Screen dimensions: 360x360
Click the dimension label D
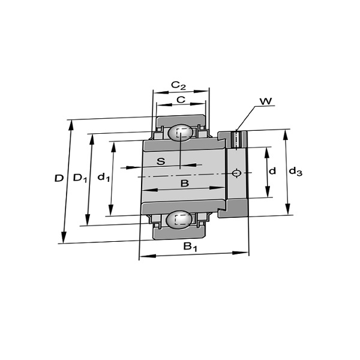click(x=59, y=178)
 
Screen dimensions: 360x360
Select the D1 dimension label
click(x=80, y=178)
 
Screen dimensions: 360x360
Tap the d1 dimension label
click(x=103, y=177)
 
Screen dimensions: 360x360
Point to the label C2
click(x=178, y=85)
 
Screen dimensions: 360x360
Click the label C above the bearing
click(x=181, y=100)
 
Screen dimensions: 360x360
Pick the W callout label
click(x=266, y=101)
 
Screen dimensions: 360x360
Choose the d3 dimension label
click(x=295, y=171)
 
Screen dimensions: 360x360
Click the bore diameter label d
click(x=272, y=171)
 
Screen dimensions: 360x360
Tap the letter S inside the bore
click(x=161, y=161)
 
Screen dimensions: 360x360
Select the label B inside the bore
click(x=185, y=184)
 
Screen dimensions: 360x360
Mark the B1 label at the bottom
click(x=190, y=247)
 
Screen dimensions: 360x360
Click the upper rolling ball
click(x=181, y=133)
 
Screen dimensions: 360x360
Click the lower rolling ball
click(x=179, y=220)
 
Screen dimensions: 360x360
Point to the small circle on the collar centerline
click(x=236, y=173)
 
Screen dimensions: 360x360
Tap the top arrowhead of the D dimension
click(x=71, y=125)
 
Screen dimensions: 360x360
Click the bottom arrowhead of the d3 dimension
click(x=288, y=209)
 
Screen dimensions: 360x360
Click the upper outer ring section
click(x=181, y=121)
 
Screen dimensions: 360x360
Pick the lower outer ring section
click(x=179, y=234)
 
